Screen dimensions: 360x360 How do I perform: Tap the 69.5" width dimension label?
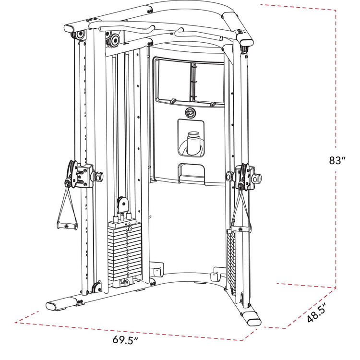[x=125, y=339]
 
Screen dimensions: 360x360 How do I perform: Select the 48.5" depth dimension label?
[x=317, y=312]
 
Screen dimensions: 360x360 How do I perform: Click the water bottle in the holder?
[x=193, y=143]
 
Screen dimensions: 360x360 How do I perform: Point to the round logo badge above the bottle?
[x=191, y=112]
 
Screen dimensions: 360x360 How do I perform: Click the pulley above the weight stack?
[x=123, y=204]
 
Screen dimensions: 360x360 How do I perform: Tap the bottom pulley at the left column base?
[x=96, y=287]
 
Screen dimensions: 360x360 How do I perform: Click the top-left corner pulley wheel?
[x=80, y=35]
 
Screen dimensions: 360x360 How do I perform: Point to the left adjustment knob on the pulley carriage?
[x=96, y=176]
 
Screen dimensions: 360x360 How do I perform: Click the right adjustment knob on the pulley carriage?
[x=256, y=178]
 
